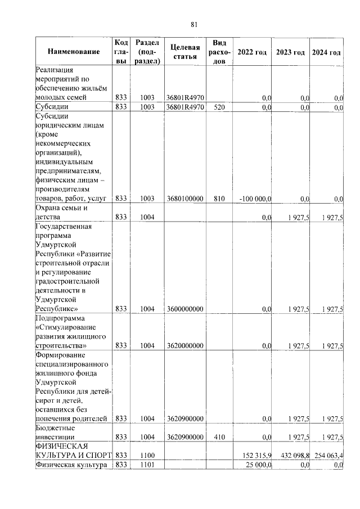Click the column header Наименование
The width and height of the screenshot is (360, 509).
coord(74,52)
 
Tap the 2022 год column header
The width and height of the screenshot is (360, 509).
coord(252,52)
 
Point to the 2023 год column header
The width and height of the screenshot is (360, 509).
coord(290,52)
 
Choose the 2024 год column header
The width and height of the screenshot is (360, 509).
coord(327,52)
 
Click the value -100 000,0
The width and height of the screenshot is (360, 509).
coord(255,199)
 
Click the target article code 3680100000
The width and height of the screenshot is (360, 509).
coord(185,199)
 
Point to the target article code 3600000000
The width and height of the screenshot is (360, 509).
coord(185,309)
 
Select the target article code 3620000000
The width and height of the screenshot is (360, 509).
coord(185,345)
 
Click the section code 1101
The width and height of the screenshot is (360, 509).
coord(147,465)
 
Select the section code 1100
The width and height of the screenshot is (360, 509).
coord(147,454)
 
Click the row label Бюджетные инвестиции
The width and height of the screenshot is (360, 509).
coord(56,432)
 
